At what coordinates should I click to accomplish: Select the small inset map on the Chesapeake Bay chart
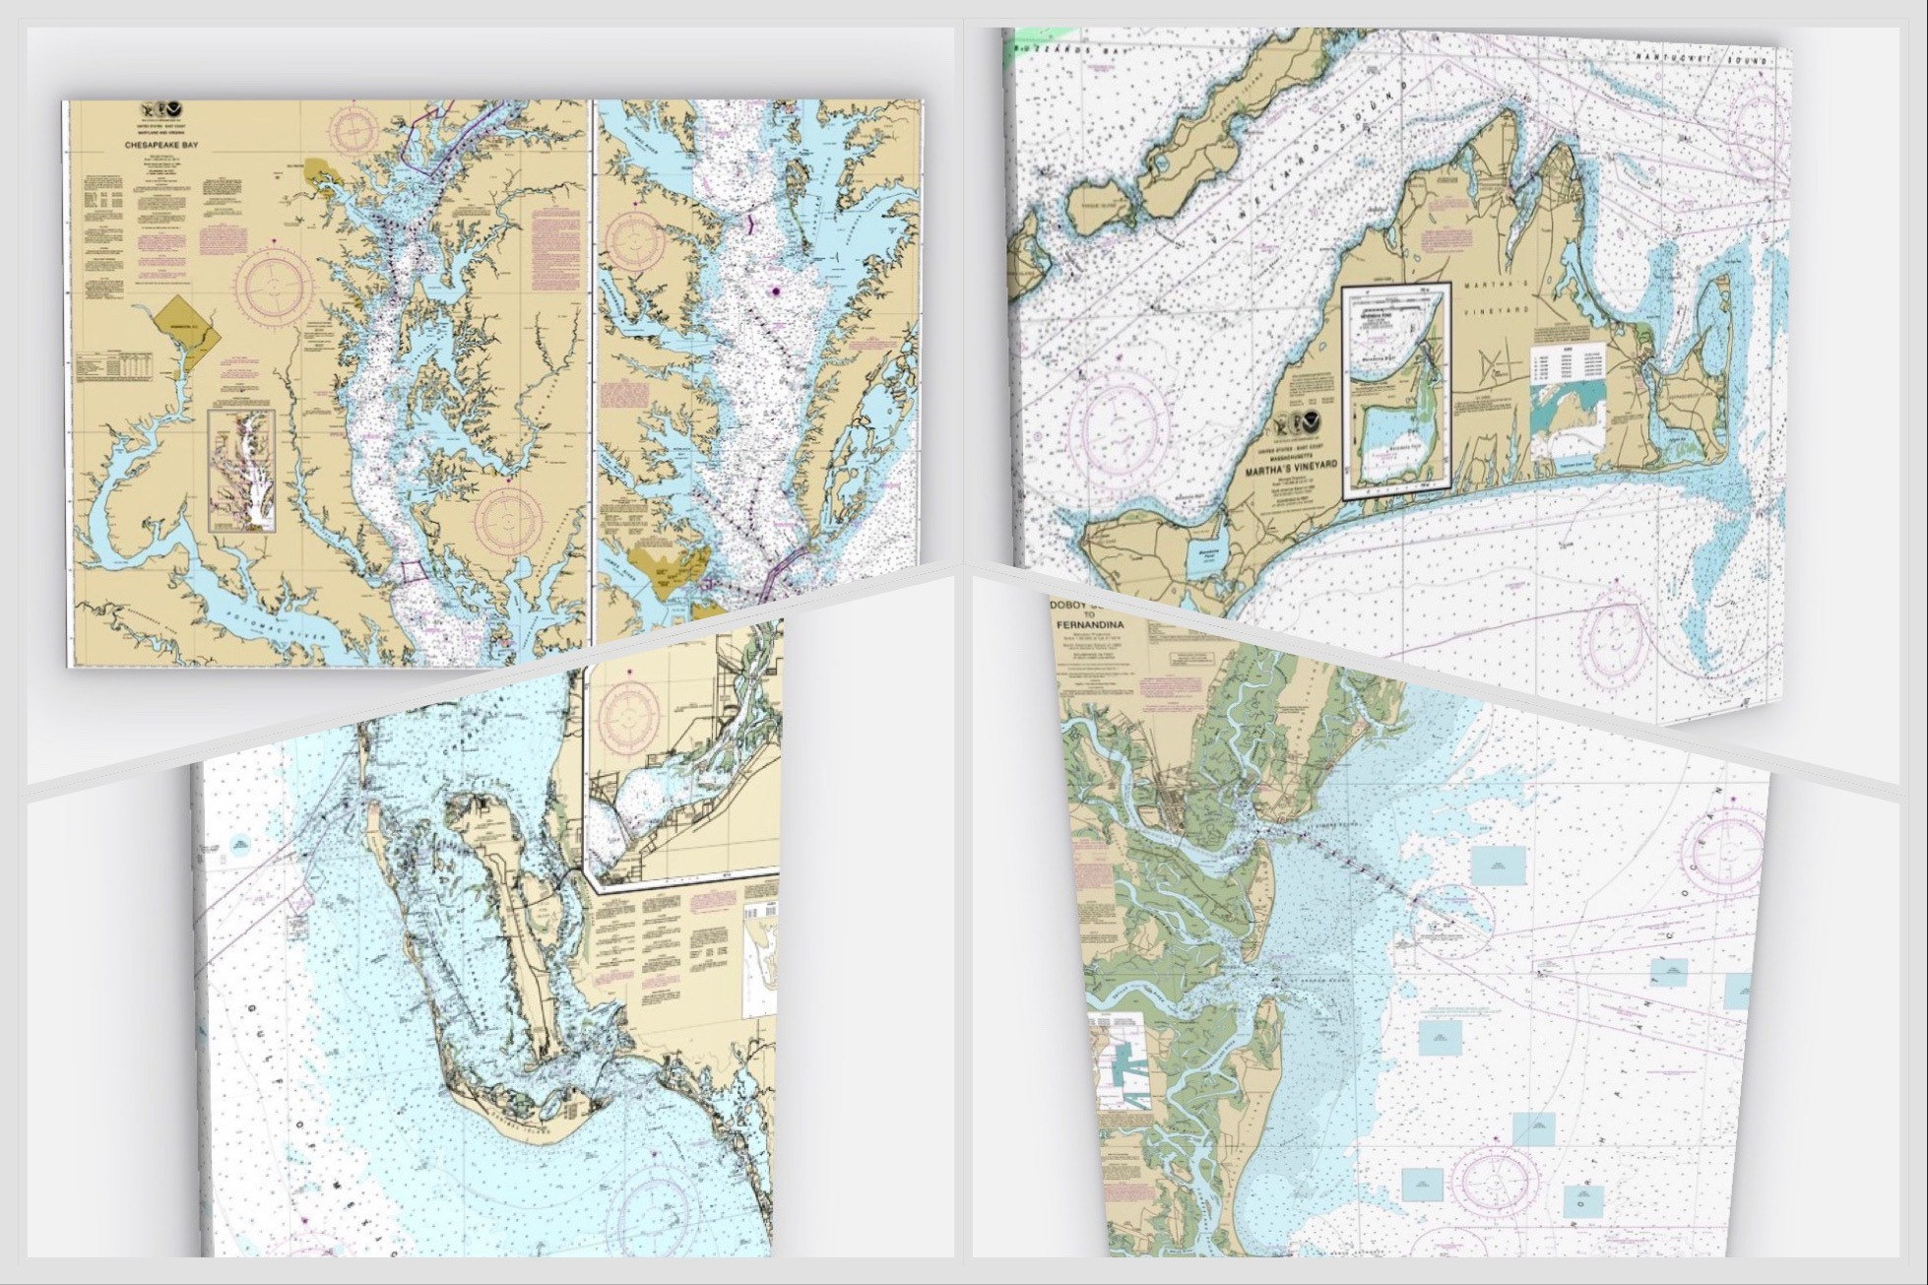(241, 471)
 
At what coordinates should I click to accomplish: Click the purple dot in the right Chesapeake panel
(777, 291)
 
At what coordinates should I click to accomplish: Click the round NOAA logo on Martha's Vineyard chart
(1313, 427)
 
